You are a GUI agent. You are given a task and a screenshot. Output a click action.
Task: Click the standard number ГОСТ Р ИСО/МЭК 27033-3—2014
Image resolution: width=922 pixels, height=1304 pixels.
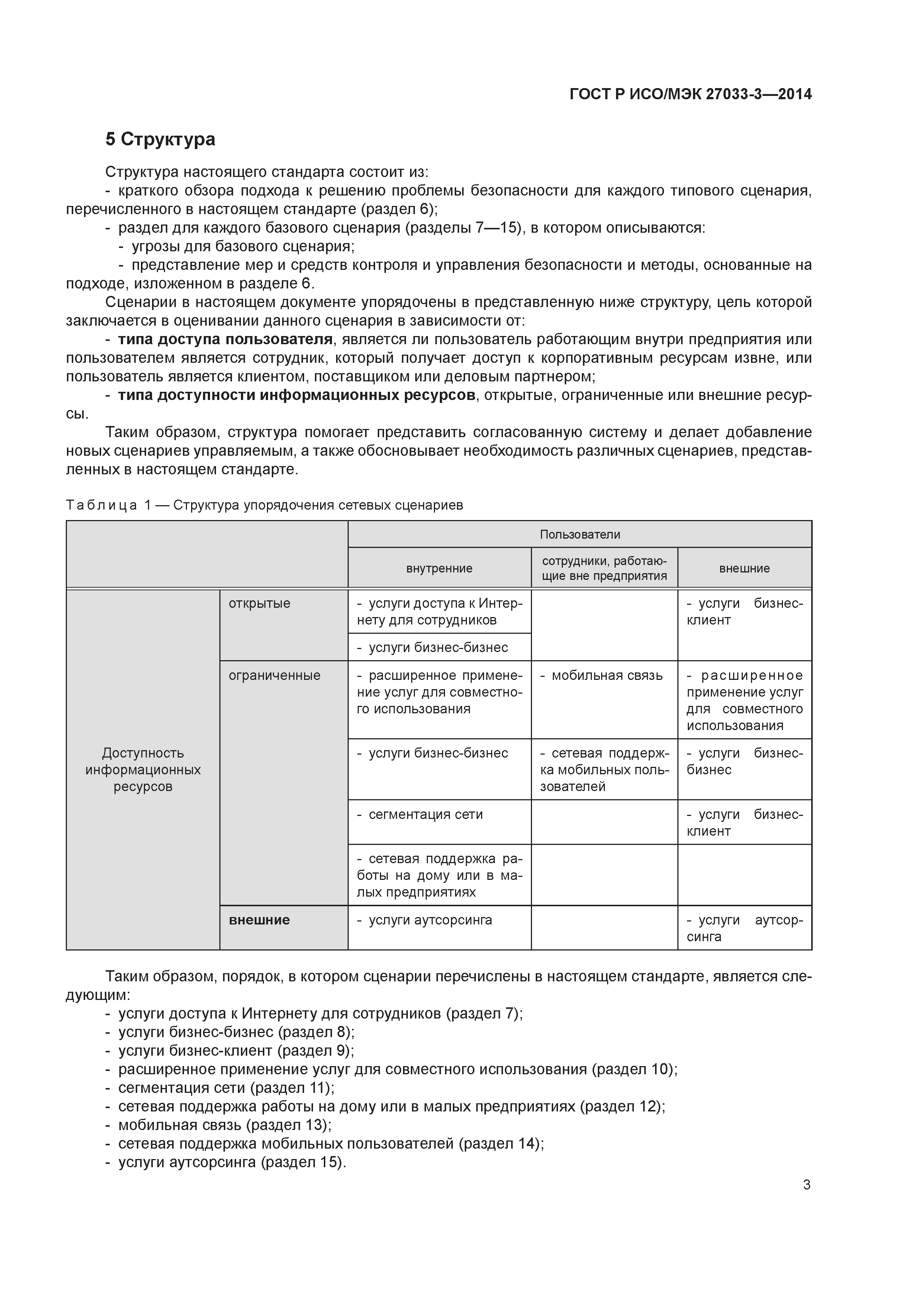690,94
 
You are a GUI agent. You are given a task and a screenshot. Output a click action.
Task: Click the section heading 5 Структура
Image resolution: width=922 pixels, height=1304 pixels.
160,139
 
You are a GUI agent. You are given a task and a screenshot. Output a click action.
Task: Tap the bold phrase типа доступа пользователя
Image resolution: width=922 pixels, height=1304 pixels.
225,340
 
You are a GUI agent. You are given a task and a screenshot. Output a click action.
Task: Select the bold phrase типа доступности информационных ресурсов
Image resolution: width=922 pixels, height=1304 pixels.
297,395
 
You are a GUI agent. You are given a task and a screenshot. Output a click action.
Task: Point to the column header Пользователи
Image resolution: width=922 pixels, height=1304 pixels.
580,535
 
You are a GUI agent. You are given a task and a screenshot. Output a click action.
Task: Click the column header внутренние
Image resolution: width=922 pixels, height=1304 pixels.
439,568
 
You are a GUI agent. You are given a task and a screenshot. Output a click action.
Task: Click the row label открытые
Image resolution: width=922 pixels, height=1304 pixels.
259,604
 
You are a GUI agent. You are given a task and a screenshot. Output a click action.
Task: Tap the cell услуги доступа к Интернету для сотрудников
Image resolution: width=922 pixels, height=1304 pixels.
439,612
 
